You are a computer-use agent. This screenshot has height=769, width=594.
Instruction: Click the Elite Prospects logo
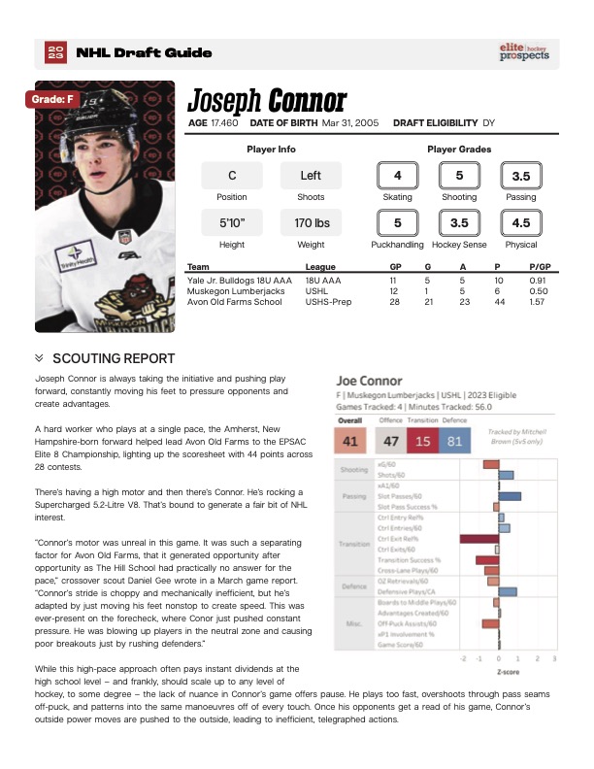click(x=524, y=51)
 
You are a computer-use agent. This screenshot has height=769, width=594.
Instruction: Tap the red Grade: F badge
click(x=52, y=98)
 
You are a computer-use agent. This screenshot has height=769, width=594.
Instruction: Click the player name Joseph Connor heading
click(x=266, y=100)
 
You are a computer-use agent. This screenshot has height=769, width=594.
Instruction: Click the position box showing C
click(x=232, y=176)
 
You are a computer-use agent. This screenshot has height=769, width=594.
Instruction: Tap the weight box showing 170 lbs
click(x=312, y=223)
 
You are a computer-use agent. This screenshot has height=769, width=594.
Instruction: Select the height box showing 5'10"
click(x=232, y=223)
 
